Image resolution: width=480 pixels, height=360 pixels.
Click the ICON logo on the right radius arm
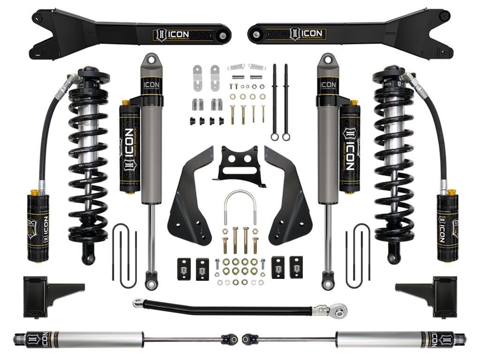307,34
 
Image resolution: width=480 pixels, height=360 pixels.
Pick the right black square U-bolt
358,255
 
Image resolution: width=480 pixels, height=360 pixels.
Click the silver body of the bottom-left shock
112,337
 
